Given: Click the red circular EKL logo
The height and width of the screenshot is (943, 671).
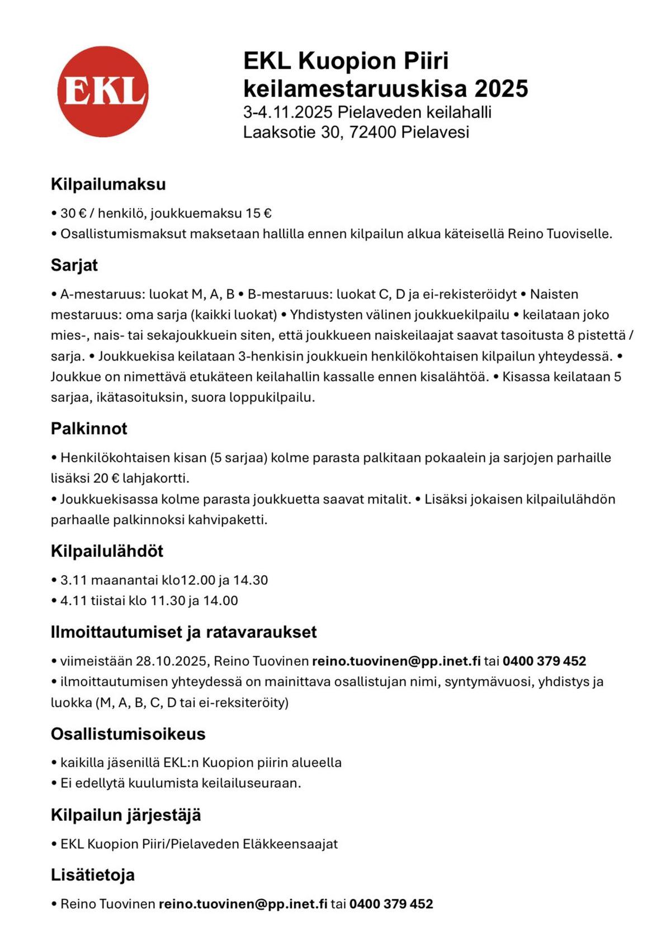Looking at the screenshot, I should tap(103, 91).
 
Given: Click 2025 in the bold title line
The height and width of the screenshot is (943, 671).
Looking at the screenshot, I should tap(500, 89).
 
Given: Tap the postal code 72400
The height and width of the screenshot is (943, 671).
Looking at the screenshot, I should tap(372, 132).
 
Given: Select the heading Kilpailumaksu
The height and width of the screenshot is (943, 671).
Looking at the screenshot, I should tap(108, 184).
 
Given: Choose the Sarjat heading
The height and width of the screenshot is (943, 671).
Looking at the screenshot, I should tap(74, 265).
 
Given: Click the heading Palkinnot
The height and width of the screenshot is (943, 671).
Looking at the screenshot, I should tap(89, 429).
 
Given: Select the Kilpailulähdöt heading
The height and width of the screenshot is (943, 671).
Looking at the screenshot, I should tap(107, 551).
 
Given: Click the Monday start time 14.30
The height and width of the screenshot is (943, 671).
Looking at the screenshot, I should tap(251, 580).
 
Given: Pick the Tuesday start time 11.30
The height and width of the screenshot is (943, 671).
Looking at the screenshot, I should tap(168, 601).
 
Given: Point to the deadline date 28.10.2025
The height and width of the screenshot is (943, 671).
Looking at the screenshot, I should tap(172, 661).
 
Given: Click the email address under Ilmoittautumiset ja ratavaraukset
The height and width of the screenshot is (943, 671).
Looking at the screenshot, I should tap(396, 661).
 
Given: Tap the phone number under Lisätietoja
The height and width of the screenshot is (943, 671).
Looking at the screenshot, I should tap(391, 904).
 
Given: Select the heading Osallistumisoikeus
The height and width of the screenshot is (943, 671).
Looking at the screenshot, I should tap(128, 734).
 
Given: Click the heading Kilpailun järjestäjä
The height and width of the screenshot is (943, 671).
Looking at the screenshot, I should tap(126, 815).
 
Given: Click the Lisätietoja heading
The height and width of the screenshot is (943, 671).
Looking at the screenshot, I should tap(93, 875).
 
